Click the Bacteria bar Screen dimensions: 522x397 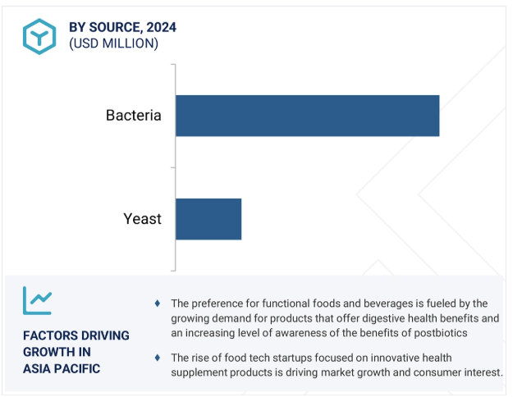[x=307, y=116]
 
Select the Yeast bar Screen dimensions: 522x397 [x=208, y=219]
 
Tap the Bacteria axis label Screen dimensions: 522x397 [x=134, y=116]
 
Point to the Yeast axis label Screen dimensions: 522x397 [x=143, y=219]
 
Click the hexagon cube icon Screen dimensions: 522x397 [x=39, y=37]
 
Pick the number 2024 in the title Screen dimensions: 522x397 [x=162, y=27]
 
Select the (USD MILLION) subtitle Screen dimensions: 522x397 [x=113, y=43]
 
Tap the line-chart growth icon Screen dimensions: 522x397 [x=37, y=300]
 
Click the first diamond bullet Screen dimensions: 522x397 [x=158, y=303]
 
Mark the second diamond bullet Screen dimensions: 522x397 [x=158, y=358]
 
